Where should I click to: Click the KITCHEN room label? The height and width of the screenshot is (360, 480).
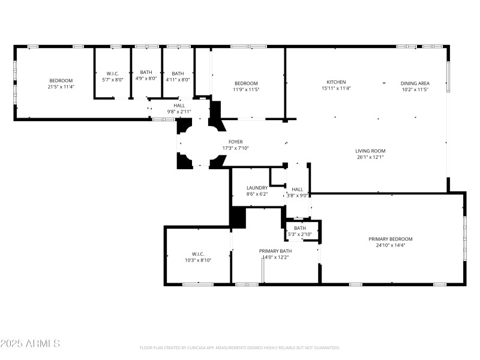pos(336,82)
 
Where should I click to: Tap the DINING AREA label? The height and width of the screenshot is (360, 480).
pos(415,83)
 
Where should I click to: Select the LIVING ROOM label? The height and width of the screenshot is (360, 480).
pos(370,151)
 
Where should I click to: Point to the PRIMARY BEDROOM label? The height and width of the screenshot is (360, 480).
pos(390,239)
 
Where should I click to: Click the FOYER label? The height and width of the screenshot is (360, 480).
pos(235,142)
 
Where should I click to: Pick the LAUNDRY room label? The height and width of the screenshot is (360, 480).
pos(257,188)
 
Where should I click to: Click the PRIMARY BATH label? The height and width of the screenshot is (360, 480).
pos(275,251)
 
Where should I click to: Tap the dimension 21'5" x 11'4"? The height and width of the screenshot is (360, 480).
pos(61,87)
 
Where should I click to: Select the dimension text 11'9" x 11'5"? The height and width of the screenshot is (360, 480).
pos(246,89)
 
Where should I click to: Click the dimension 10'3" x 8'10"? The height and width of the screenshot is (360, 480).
pos(198,260)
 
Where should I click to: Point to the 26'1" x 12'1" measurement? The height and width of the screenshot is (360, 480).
pos(370,157)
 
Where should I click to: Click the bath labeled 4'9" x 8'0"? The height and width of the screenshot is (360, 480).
pos(146,76)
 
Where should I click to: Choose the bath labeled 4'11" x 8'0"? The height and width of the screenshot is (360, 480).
pos(178,76)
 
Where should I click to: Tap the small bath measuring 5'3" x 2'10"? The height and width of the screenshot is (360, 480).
pos(300,231)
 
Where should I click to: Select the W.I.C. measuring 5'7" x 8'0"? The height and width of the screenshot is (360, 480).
pos(112,76)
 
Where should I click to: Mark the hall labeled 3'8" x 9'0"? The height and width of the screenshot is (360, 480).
pos(298,192)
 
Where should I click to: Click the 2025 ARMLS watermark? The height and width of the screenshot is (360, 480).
pos(30,344)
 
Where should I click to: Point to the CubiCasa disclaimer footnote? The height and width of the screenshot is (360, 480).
pos(240,347)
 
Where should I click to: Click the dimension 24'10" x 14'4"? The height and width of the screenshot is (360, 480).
pos(390,245)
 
